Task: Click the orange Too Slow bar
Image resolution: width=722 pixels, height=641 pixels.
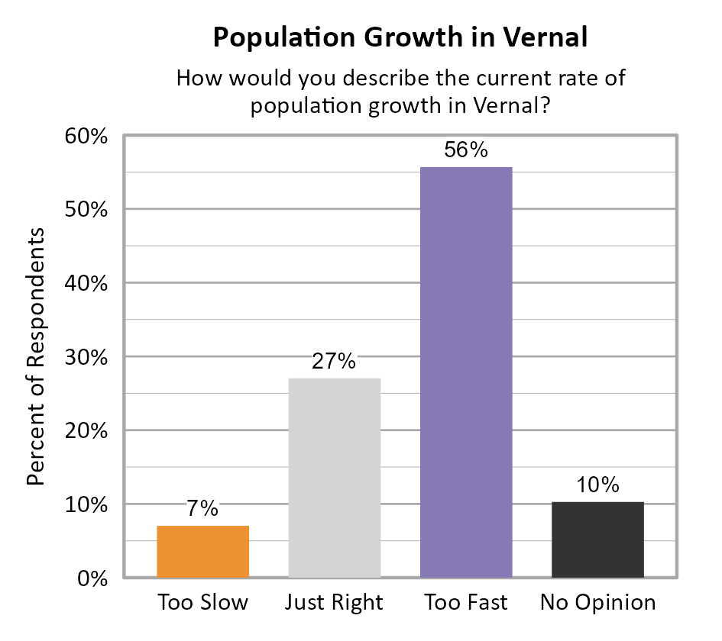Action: [202, 551]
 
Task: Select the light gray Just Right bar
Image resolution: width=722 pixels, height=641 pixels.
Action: [334, 477]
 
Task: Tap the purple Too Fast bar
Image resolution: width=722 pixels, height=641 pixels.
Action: [466, 372]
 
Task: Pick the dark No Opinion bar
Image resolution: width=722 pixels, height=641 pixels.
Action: [597, 539]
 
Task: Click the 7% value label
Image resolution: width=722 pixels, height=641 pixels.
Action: [202, 509]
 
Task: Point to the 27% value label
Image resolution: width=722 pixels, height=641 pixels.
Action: [334, 361]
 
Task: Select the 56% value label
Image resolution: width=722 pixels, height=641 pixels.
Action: [466, 150]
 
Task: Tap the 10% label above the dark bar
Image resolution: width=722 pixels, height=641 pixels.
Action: [597, 485]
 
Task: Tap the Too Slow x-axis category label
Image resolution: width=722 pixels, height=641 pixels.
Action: [202, 603]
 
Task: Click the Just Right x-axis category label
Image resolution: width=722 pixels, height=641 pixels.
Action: [334, 603]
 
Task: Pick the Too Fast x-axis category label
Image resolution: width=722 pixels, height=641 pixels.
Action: [466, 603]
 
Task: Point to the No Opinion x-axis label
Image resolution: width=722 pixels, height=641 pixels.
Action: [597, 603]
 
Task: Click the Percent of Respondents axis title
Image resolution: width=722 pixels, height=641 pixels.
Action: [35, 356]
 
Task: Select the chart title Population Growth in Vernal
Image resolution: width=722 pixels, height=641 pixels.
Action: [400, 37]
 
